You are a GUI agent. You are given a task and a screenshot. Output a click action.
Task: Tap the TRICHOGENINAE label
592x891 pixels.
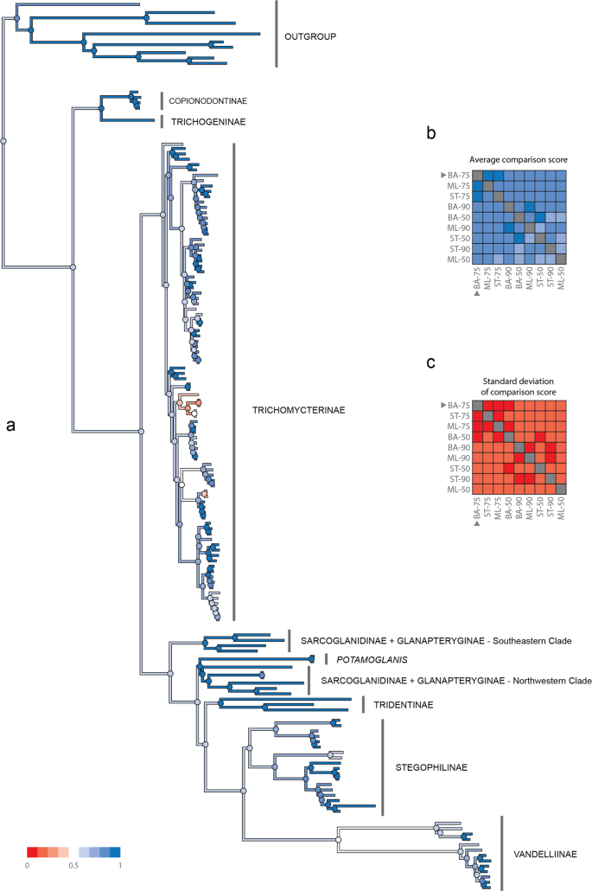[207, 122]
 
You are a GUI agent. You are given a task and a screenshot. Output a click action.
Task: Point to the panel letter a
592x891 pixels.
[10, 425]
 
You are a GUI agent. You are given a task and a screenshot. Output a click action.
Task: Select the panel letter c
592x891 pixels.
[433, 362]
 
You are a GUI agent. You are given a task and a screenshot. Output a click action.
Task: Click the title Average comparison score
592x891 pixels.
[513, 160]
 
